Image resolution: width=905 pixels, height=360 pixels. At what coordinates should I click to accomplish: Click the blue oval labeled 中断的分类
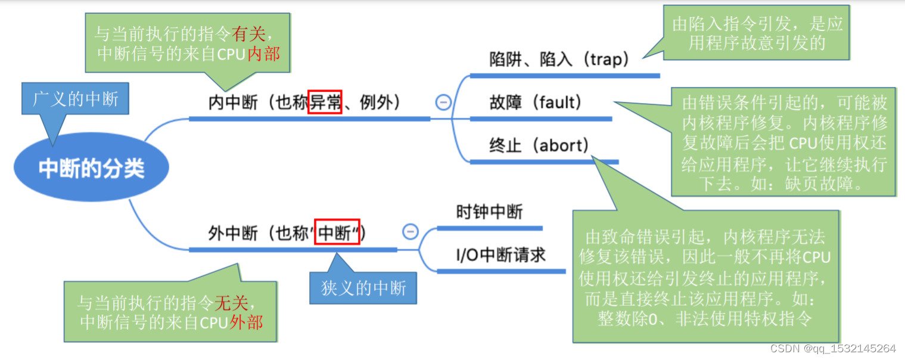[91, 169]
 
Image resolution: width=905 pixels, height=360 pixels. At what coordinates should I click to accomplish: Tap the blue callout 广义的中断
[75, 99]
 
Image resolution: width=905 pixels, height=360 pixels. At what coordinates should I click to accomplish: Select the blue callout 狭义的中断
[363, 288]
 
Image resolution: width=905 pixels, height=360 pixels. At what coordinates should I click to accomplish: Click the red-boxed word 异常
[325, 103]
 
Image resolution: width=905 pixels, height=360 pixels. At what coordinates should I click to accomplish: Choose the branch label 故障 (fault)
[535, 103]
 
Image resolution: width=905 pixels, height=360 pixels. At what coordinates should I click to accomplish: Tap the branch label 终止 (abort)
[539, 145]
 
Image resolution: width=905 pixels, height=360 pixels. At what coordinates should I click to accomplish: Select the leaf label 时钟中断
[489, 212]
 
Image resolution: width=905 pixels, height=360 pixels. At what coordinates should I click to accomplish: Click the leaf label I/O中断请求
[500, 255]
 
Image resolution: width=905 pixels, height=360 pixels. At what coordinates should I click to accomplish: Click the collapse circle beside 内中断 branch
[443, 103]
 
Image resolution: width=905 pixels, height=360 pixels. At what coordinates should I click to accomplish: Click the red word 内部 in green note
[263, 54]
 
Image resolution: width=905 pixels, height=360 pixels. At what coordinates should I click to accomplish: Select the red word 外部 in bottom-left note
[245, 322]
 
